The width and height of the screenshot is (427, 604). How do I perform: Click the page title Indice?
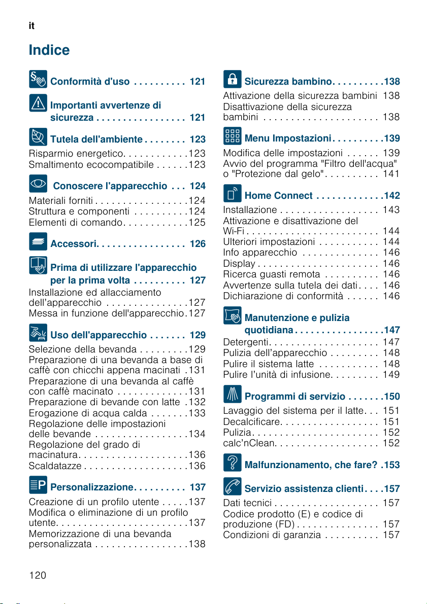pyautogui.click(x=49, y=50)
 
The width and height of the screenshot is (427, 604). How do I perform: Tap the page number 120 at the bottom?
pyautogui.click(x=38, y=575)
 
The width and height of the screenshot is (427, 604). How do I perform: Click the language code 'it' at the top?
pyautogui.click(x=31, y=26)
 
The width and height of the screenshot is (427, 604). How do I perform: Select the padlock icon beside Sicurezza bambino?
pyautogui.click(x=232, y=79)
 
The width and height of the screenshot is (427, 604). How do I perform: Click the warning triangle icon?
pyautogui.click(x=38, y=103)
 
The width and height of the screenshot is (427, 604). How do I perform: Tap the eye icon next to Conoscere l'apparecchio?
pyautogui.click(x=38, y=184)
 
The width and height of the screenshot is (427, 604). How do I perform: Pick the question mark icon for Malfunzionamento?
pyautogui.click(x=232, y=463)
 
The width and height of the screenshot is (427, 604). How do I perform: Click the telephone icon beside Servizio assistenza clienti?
pyautogui.click(x=232, y=486)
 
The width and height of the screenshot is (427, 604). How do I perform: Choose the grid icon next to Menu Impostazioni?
pyautogui.click(x=232, y=136)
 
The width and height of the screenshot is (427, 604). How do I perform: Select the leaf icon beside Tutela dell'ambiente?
pyautogui.click(x=38, y=137)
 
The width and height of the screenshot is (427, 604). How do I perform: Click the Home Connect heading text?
pyautogui.click(x=279, y=196)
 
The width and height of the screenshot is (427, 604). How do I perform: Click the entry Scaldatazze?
pyautogui.click(x=55, y=466)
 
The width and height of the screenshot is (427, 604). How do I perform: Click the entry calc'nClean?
pyautogui.click(x=249, y=443)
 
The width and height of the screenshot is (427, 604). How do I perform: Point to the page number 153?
pyautogui.click(x=392, y=465)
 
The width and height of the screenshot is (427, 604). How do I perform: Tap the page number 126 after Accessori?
pyautogui.click(x=198, y=244)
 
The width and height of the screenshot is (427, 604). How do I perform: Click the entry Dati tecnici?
pyautogui.click(x=247, y=503)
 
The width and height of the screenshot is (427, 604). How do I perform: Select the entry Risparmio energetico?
pyautogui.click(x=76, y=154)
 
